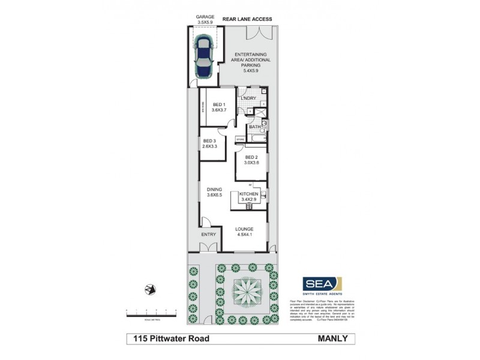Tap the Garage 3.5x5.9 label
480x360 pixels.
point(205,20)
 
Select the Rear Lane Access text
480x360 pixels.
point(247,19)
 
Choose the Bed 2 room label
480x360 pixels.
point(251,160)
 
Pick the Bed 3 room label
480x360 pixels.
point(209,143)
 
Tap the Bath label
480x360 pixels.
point(254,126)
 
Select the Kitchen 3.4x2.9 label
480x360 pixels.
point(248,197)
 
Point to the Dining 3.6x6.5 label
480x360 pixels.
point(214,192)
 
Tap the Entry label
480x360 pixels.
point(208,234)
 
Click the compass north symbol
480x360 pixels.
point(150,290)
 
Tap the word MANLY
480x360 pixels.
point(335,339)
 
